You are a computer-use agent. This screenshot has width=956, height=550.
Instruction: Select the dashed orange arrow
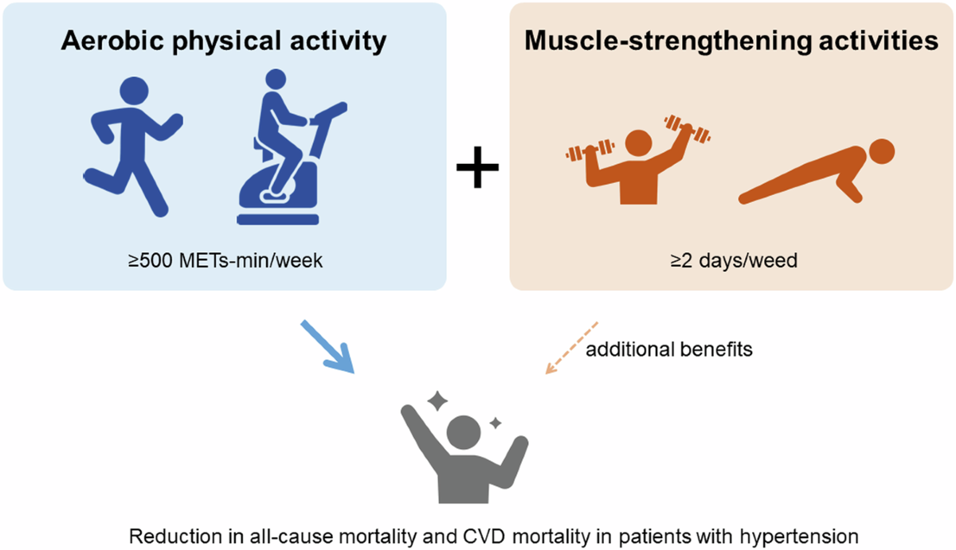[570, 348]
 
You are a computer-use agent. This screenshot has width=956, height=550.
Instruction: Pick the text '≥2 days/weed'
[732, 260]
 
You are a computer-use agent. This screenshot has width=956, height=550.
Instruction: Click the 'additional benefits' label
[669, 349]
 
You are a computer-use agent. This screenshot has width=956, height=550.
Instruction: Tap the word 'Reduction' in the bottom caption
[167, 536]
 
